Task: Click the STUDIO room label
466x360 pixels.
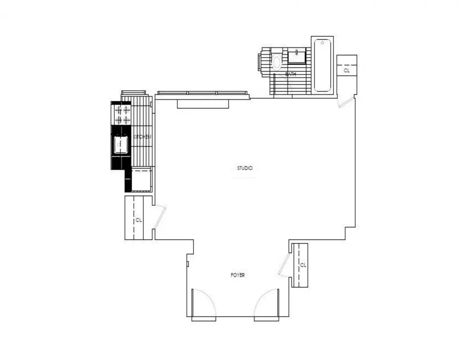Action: tap(244, 168)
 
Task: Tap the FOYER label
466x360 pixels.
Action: tap(238, 275)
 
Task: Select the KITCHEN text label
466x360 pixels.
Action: tap(142, 137)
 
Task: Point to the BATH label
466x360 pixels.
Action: tap(290, 74)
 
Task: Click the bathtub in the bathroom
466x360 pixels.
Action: tap(322, 65)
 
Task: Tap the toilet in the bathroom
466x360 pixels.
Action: tap(276, 62)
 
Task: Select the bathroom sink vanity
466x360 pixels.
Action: tap(296, 56)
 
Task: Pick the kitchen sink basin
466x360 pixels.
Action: tap(121, 145)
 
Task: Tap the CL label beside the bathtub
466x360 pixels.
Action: tap(346, 70)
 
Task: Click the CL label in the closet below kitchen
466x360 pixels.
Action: tap(138, 220)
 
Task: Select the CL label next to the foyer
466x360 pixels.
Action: tap(303, 265)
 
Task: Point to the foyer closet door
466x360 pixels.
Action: tap(284, 264)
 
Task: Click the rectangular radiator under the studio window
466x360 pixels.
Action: tap(203, 104)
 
